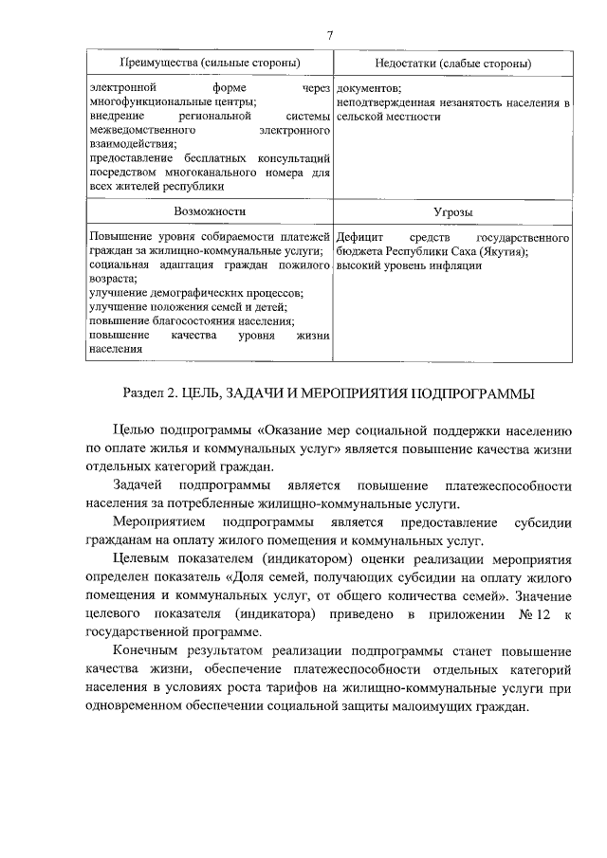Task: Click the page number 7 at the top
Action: click(329, 35)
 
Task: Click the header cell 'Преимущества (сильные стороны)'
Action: click(209, 63)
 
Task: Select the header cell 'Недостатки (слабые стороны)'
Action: click(452, 63)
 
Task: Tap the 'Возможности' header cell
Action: click(209, 211)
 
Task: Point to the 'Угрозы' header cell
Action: click(452, 212)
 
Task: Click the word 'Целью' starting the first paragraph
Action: click(134, 429)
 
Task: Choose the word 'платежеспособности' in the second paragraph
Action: click(513, 485)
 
